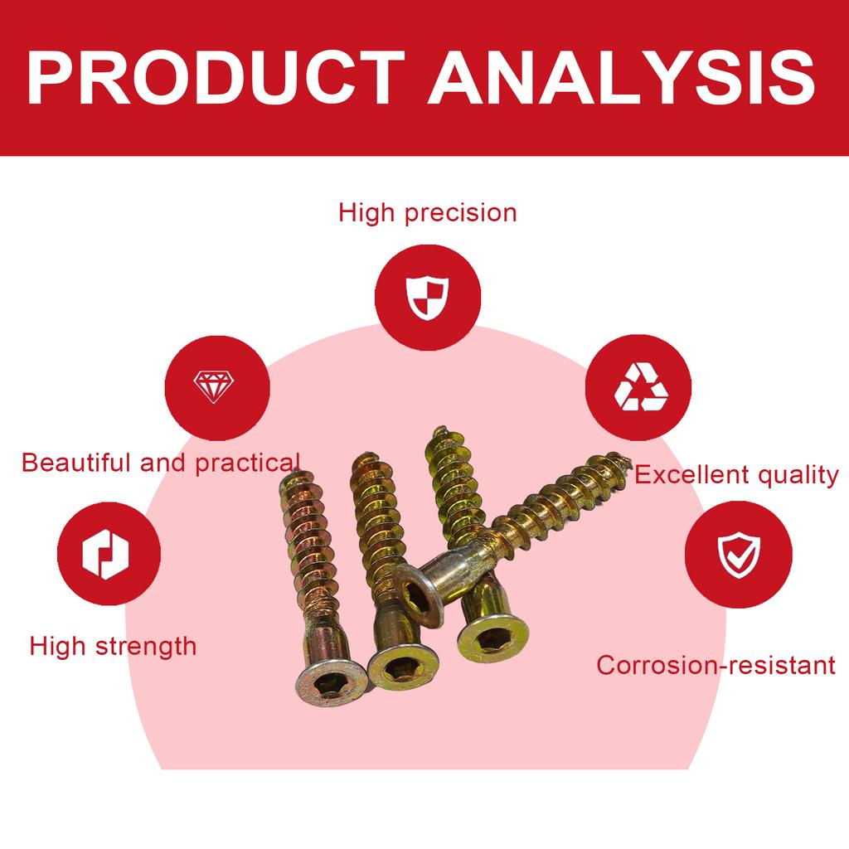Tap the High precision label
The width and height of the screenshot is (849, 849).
pyautogui.click(x=427, y=213)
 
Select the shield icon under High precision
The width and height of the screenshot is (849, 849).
pyautogui.click(x=427, y=297)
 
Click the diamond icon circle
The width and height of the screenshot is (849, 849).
pyautogui.click(x=216, y=386)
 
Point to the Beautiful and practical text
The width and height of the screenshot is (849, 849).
pyautogui.click(x=161, y=463)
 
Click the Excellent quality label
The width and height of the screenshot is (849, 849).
pyautogui.click(x=736, y=475)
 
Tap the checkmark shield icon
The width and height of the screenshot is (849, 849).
pyautogui.click(x=738, y=553)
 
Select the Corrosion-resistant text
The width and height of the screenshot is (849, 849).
pyautogui.click(x=716, y=665)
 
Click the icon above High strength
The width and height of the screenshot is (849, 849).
pyautogui.click(x=109, y=553)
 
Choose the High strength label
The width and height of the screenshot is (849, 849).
pyautogui.click(x=113, y=646)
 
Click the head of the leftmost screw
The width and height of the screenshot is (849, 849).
pyautogui.click(x=331, y=687)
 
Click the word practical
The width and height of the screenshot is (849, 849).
pyautogui.click(x=247, y=463)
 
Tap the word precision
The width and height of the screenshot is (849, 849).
pyautogui.click(x=460, y=213)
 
